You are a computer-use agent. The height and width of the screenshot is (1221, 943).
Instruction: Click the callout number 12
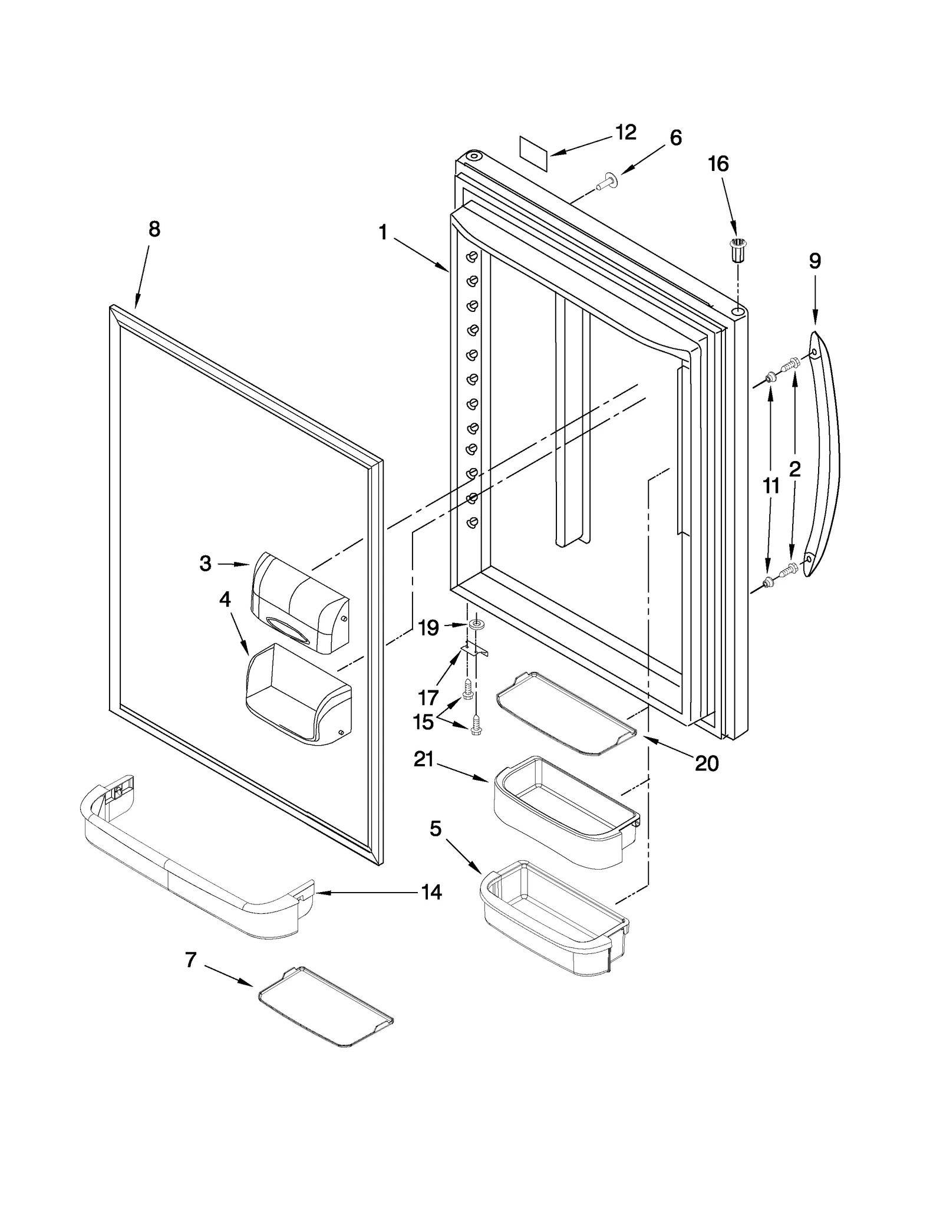point(625,133)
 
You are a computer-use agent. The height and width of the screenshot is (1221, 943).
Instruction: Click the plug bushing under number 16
point(737,250)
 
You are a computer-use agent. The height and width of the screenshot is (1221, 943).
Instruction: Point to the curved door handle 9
point(823,454)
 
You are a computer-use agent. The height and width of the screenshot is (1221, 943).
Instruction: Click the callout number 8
point(154,229)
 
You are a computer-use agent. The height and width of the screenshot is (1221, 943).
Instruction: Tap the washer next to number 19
point(475,624)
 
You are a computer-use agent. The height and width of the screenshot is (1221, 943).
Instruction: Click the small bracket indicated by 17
point(474,650)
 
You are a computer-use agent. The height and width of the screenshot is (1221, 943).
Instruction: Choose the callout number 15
point(423,722)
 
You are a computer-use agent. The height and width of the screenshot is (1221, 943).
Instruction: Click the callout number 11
point(771,486)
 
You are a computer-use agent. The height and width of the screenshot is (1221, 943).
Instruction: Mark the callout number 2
point(794,469)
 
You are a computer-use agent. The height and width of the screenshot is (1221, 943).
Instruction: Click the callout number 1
point(383,233)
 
